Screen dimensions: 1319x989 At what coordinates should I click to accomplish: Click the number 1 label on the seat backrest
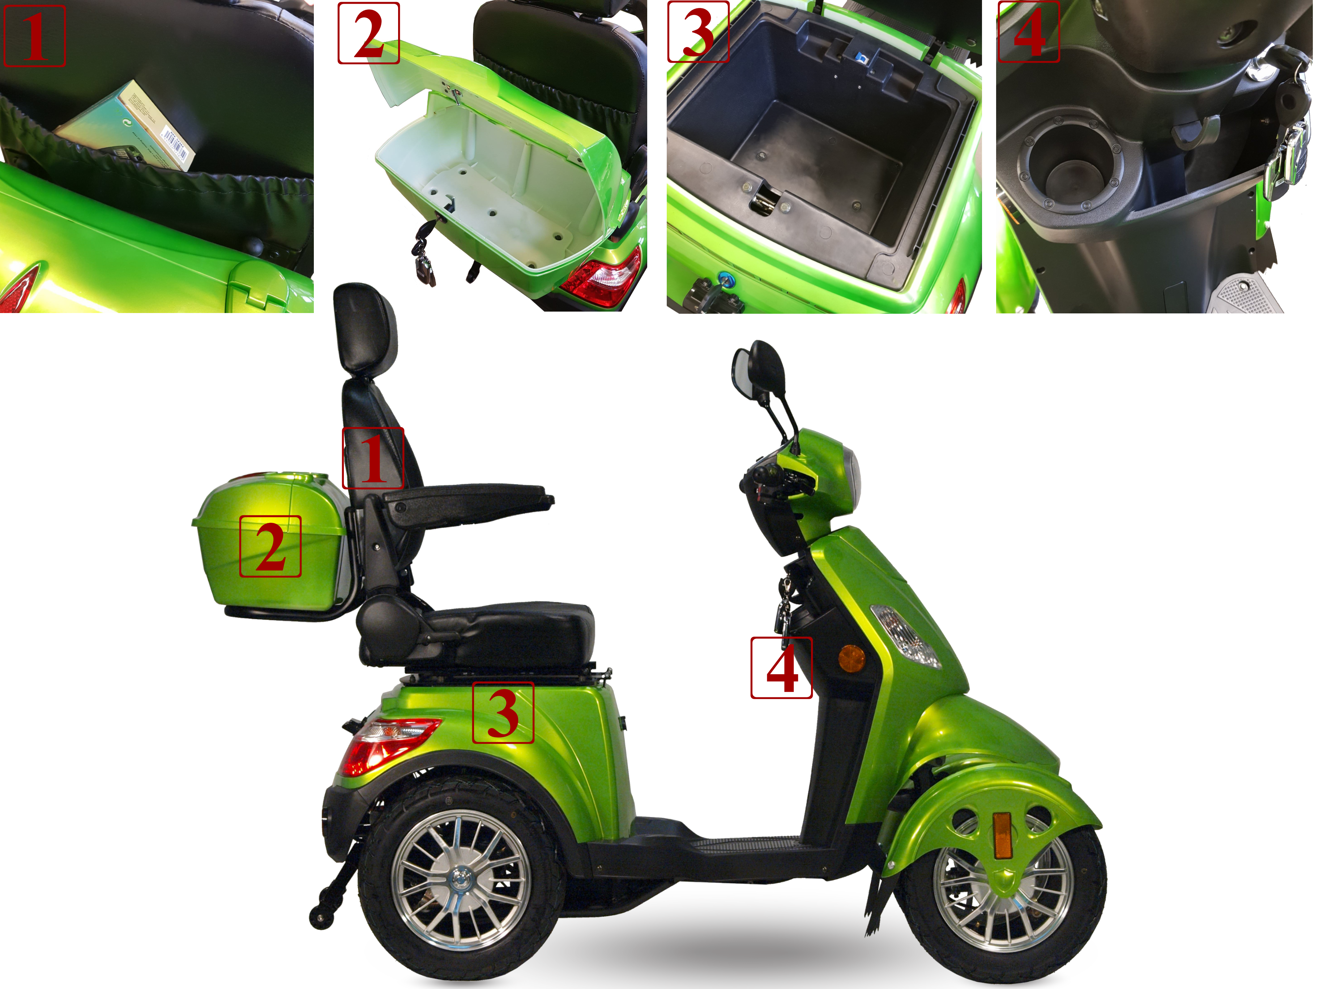(373, 458)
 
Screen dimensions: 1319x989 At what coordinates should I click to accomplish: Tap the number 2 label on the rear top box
(270, 546)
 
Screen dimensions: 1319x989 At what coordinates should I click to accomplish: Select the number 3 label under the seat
(503, 712)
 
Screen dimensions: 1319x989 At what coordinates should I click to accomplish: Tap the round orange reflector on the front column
(851, 658)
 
